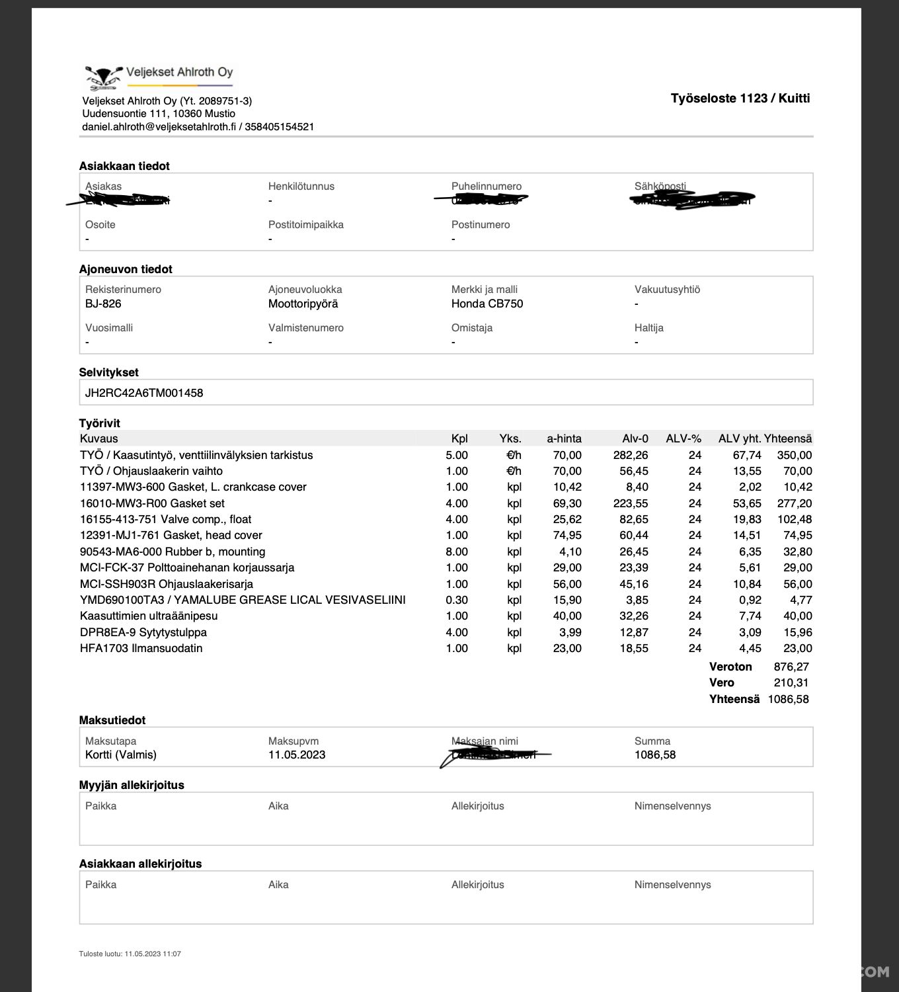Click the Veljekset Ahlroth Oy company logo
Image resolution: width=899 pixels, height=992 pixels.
(x=159, y=77)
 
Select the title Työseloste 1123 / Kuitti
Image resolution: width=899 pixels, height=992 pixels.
(x=740, y=99)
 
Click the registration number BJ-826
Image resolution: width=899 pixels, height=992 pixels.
(x=103, y=304)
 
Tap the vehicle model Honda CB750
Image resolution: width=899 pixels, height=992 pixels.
(x=487, y=304)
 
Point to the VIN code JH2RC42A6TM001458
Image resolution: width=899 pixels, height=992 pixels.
(x=144, y=393)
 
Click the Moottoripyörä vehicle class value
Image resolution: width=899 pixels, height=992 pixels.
(x=303, y=304)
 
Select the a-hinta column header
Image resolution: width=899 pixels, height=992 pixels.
(x=564, y=438)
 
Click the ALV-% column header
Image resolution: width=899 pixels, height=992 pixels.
(x=683, y=438)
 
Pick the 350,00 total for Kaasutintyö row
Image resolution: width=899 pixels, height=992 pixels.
(x=795, y=455)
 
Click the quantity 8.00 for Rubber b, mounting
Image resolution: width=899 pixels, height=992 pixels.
(x=456, y=552)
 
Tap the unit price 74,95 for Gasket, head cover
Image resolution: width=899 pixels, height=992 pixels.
(x=567, y=535)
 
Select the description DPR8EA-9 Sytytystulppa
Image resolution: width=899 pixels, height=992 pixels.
(x=143, y=632)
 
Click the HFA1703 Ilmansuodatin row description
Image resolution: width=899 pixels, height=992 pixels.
(x=141, y=648)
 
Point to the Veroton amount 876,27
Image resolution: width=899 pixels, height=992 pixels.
(x=791, y=667)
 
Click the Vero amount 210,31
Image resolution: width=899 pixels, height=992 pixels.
(x=791, y=682)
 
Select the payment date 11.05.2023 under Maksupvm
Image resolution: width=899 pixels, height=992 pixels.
(x=296, y=755)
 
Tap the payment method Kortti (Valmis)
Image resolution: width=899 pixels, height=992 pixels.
(x=121, y=755)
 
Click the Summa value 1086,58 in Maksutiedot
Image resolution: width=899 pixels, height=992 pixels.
(x=654, y=755)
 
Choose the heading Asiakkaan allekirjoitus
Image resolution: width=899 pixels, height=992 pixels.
(x=140, y=864)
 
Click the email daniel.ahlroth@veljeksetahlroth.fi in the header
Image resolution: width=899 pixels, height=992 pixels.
(x=159, y=126)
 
